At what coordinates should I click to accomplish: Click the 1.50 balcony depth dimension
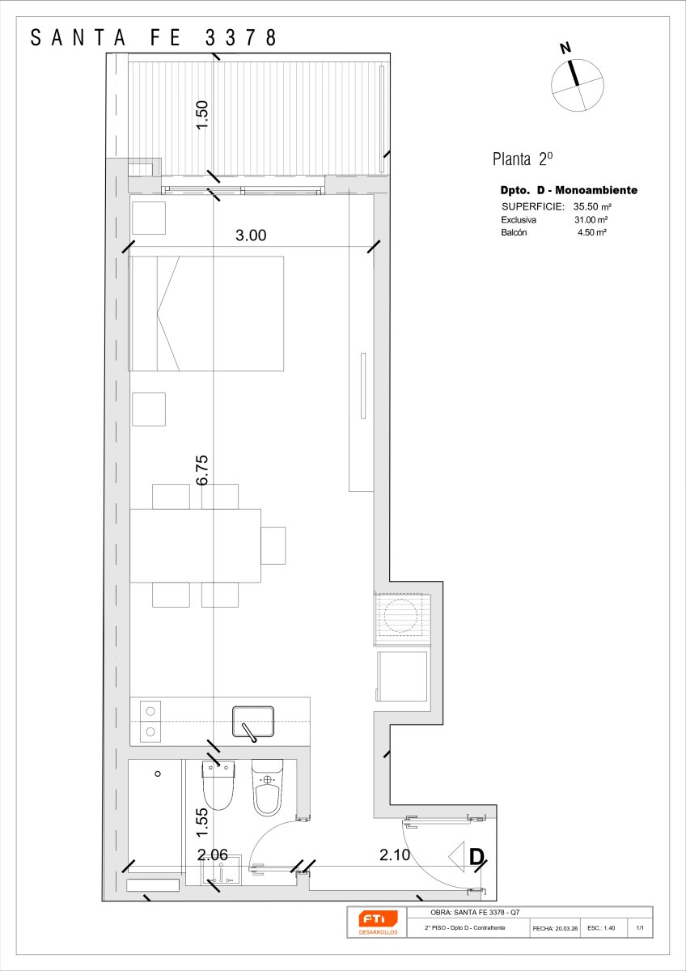pos(202,115)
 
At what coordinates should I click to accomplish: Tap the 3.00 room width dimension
pos(251,235)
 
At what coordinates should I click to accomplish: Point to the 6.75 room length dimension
pos(202,470)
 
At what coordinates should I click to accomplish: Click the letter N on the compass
pos(565,48)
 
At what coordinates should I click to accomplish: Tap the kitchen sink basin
pos(253,722)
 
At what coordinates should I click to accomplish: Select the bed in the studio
pos(206,313)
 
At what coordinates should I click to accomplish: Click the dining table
pos(196,545)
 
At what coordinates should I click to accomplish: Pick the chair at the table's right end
pos(273,545)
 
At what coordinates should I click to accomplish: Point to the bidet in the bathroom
pos(268,787)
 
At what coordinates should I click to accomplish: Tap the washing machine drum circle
pos(400,615)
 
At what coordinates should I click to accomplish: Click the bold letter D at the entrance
pos(477,857)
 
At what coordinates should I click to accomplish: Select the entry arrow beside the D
pos(456,857)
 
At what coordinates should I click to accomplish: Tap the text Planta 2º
pos(523,159)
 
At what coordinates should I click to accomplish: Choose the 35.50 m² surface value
pos(592,207)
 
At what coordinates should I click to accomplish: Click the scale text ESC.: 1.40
pos(601,928)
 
